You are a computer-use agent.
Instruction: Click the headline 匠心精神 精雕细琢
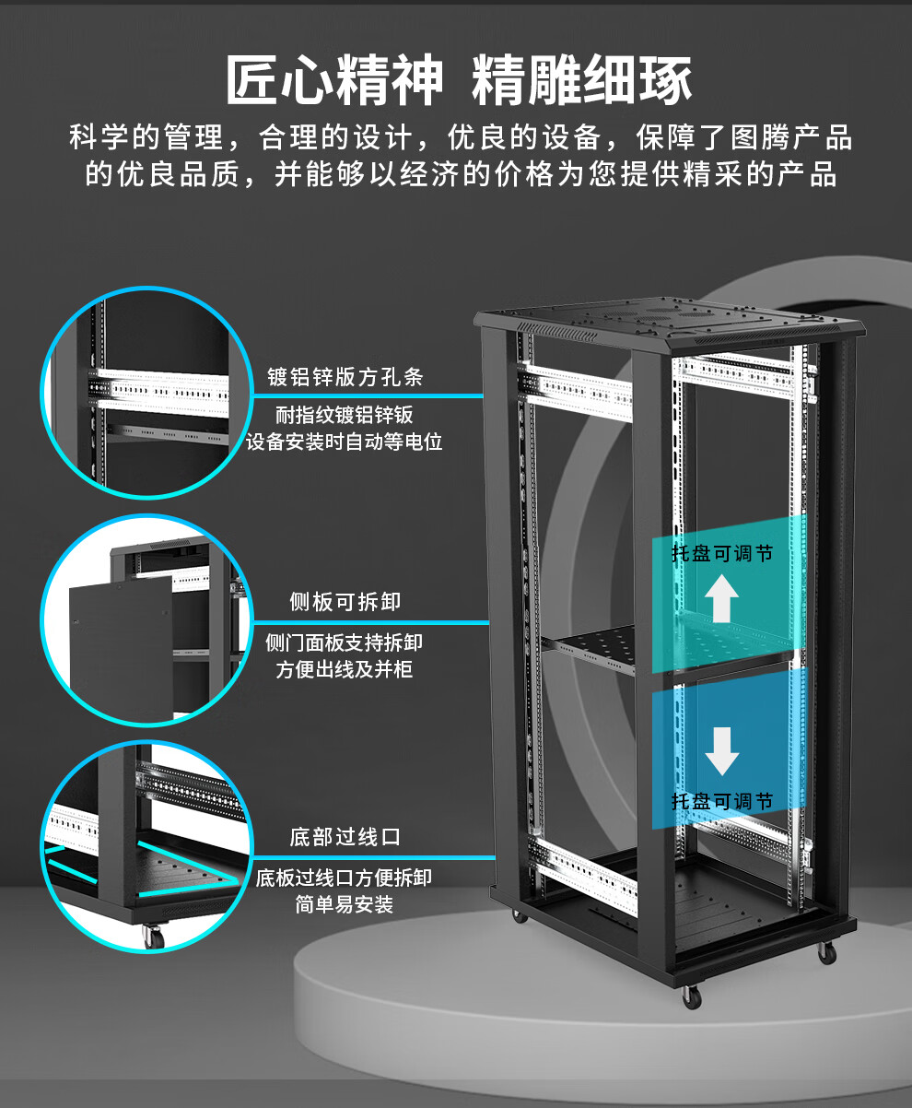tap(459, 79)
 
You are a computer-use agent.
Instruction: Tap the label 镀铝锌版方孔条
tap(345, 377)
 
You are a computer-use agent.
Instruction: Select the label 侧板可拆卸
tap(345, 602)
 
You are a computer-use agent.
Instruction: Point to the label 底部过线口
tap(345, 837)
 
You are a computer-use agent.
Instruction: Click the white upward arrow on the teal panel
tap(721, 598)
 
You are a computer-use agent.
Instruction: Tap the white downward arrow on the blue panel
tap(721, 751)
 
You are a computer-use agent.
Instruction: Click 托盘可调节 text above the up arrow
tap(722, 553)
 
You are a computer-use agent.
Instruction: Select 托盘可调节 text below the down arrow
tap(722, 801)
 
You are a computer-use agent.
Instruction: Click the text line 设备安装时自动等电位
tap(345, 442)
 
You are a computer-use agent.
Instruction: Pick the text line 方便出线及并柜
tap(345, 669)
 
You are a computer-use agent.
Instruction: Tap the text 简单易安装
tap(345, 904)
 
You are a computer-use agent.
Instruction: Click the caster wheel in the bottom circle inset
tap(153, 937)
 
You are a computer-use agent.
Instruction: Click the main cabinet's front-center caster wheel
tap(692, 996)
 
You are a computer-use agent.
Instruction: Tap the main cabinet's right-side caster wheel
tap(826, 952)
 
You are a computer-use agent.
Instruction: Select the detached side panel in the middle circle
tap(121, 647)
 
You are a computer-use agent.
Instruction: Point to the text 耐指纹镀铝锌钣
tap(345, 415)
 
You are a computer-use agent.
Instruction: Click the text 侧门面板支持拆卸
tap(345, 642)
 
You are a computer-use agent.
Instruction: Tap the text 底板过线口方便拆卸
tap(345, 878)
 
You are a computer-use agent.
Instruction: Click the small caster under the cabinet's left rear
tap(519, 915)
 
